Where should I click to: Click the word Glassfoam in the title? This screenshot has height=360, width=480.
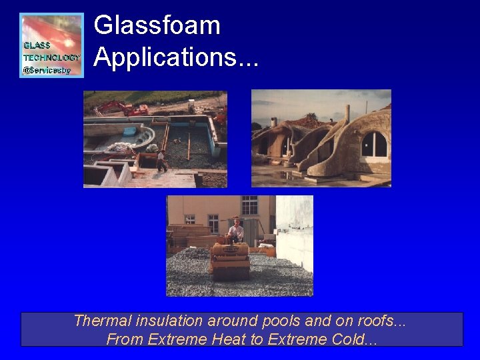click(157, 26)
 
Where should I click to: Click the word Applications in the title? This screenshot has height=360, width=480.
click(167, 57)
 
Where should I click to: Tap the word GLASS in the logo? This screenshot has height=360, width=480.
click(37, 45)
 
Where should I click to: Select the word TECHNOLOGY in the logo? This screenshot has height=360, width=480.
click(51, 57)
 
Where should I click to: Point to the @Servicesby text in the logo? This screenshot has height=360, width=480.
click(47, 69)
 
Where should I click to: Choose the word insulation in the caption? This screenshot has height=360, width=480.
click(157, 321)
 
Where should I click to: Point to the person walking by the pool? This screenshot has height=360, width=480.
click(161, 161)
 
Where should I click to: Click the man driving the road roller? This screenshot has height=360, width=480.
click(235, 230)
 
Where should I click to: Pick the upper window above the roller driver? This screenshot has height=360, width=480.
click(249, 205)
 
